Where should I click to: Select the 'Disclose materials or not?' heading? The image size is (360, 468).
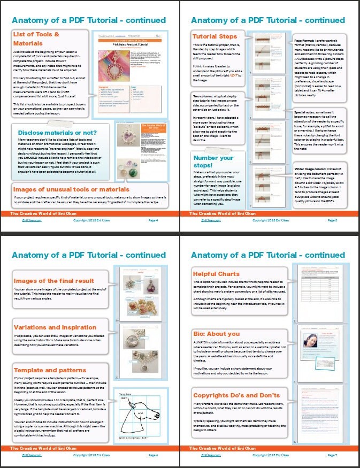click(x=57, y=132)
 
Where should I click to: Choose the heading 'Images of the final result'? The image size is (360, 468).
click(x=53, y=280)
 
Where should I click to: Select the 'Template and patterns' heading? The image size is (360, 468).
click(x=50, y=370)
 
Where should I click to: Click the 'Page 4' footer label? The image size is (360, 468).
click(x=152, y=219)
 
